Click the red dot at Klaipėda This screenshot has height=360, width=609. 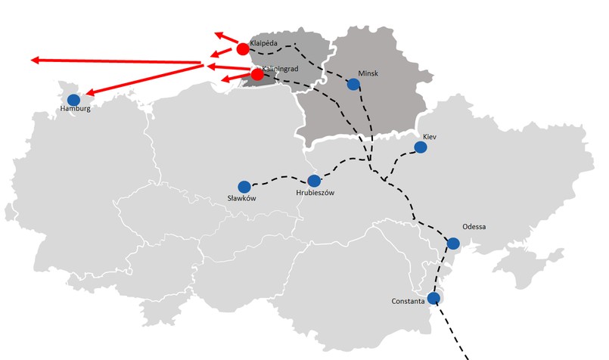coord(243,49)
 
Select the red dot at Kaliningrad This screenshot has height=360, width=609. coord(257,74)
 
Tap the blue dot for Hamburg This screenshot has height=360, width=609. coord(73,99)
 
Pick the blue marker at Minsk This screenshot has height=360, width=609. coord(353,84)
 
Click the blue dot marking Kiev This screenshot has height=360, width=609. coord(421,147)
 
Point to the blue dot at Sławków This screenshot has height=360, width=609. coord(244,186)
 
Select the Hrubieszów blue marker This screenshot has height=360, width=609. coord(314,181)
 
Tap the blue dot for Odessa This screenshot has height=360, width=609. coord(453,243)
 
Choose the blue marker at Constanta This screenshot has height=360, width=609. coord(433,298)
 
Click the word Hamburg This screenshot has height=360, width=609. coord(75,110)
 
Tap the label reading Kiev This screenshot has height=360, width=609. coord(430,136)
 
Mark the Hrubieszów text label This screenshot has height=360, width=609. coord(315,193)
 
